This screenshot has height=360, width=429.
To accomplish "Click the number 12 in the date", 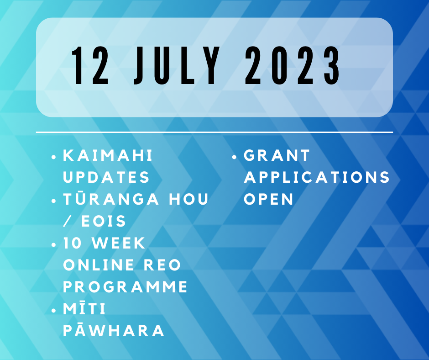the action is pyautogui.click(x=90, y=65).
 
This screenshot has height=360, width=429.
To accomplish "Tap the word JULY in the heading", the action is pyautogui.click(x=177, y=65).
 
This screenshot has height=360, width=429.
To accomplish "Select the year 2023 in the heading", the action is pyautogui.click(x=292, y=65).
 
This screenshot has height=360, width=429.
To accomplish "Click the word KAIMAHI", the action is pyautogui.click(x=108, y=155).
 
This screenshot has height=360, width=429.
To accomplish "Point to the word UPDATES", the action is pyautogui.click(x=106, y=177).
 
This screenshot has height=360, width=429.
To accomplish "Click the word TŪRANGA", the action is pyautogui.click(x=111, y=199).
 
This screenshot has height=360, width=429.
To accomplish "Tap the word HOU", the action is pyautogui.click(x=189, y=199).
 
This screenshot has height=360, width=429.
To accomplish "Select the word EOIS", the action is pyautogui.click(x=104, y=221).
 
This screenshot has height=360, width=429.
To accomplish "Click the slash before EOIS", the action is pyautogui.click(x=67, y=221).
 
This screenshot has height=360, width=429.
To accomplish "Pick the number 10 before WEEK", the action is pyautogui.click(x=73, y=243).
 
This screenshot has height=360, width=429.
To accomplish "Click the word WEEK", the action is pyautogui.click(x=119, y=243).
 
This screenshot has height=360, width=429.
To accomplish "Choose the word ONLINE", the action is pyautogui.click(x=99, y=265).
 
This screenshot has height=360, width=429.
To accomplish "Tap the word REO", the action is pyautogui.click(x=162, y=265).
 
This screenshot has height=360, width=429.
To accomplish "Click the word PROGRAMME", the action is pyautogui.click(x=126, y=287).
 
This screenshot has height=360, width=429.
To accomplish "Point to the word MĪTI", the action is pyautogui.click(x=84, y=308).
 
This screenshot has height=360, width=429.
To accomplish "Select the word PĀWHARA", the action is pyautogui.click(x=114, y=330).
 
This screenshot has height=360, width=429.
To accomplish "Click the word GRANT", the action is pyautogui.click(x=277, y=155).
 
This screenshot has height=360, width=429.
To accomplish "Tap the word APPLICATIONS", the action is pyautogui.click(x=317, y=177).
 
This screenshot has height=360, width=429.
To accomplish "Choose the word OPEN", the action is pyautogui.click(x=269, y=199).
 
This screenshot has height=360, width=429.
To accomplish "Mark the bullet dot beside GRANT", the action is pyautogui.click(x=234, y=157).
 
